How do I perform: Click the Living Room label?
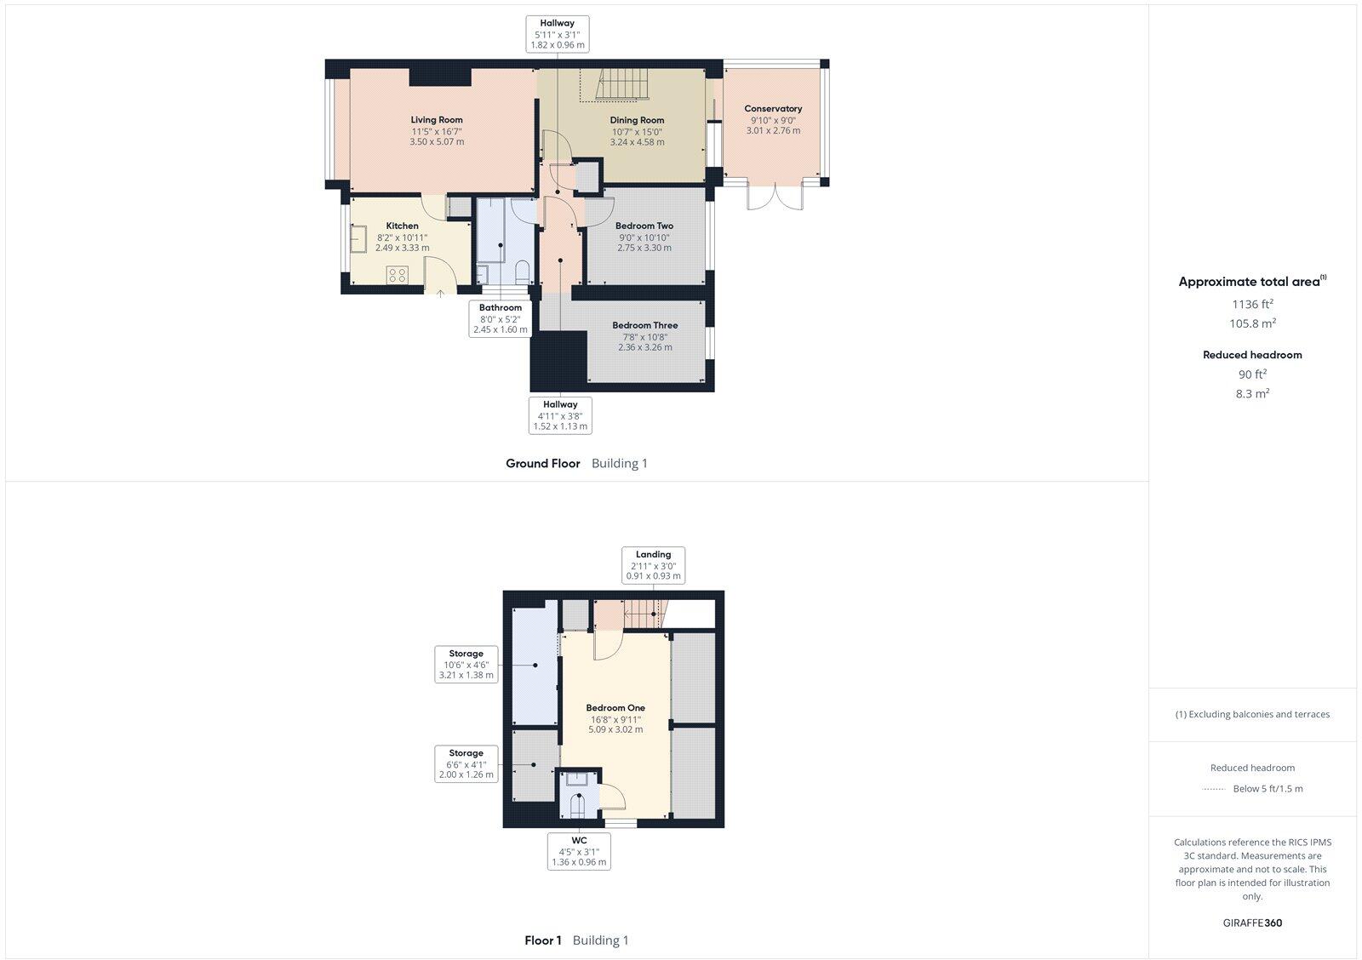(437, 120)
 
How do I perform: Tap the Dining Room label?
(637, 120)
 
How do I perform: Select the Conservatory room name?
(773, 109)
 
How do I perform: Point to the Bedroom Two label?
(644, 226)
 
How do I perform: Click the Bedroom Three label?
(644, 325)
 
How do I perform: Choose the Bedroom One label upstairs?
(615, 708)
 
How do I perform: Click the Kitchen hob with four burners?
(398, 274)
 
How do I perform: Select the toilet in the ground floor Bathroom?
(522, 272)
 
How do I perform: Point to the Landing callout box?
(653, 565)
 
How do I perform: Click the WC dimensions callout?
(579, 851)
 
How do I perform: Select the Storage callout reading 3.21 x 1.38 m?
(466, 665)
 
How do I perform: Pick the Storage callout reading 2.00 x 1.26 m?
(466, 764)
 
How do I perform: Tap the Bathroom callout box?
(500, 318)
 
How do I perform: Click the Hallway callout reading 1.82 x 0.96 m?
(558, 34)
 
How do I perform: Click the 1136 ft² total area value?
(1252, 304)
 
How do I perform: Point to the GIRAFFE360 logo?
(1252, 923)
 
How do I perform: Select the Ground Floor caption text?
(543, 464)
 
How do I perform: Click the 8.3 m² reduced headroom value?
(1252, 393)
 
